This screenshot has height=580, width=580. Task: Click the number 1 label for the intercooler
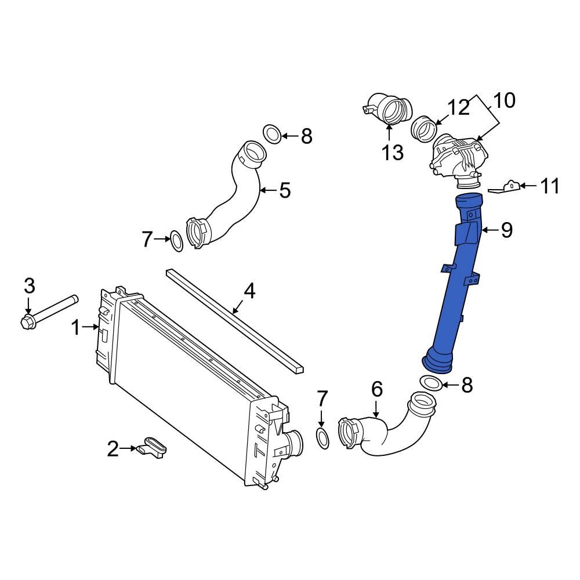tap(75, 328)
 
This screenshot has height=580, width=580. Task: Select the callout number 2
tap(114, 448)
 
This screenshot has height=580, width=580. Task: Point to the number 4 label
tap(249, 291)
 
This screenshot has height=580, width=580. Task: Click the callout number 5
tap(284, 190)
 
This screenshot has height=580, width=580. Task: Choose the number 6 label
tap(376, 389)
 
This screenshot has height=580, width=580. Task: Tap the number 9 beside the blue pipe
tap(506, 230)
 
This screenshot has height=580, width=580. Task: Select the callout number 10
tap(504, 100)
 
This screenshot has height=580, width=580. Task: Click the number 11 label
tap(549, 186)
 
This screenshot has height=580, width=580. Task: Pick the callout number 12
tap(458, 108)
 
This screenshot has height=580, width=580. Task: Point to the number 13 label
tap(392, 153)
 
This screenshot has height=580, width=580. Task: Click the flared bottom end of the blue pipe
tap(439, 361)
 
